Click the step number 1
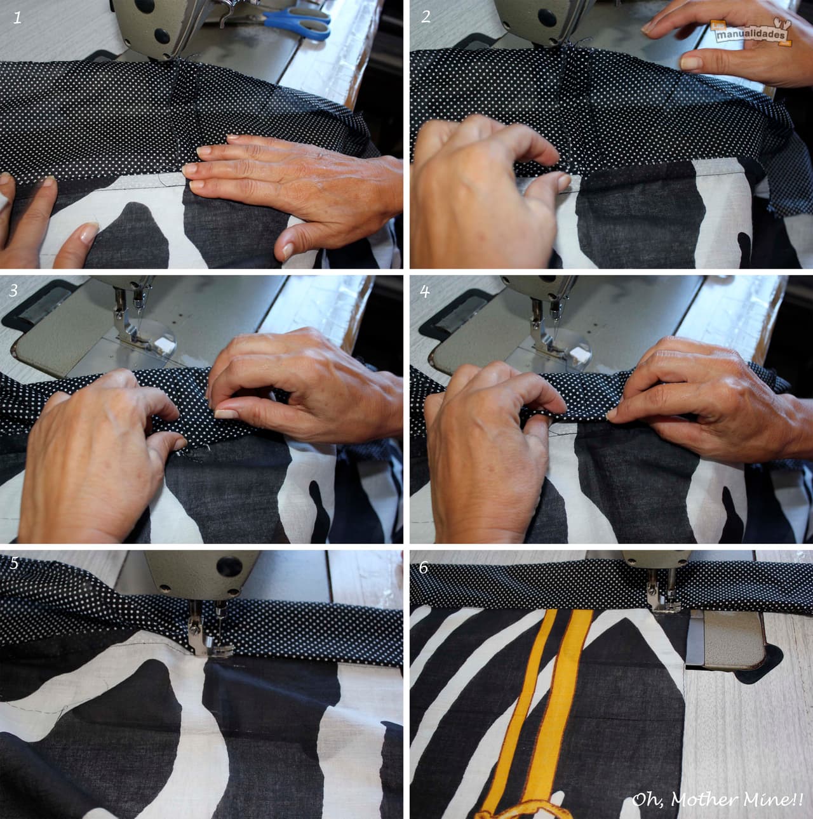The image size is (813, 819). [17, 18]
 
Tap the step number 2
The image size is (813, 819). [426, 17]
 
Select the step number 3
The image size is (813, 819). [14, 290]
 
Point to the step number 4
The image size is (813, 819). [424, 291]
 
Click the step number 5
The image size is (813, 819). [14, 563]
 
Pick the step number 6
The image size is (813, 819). [424, 567]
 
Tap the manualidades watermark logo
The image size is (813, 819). [751, 32]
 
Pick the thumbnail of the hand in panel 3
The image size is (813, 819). [225, 413]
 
